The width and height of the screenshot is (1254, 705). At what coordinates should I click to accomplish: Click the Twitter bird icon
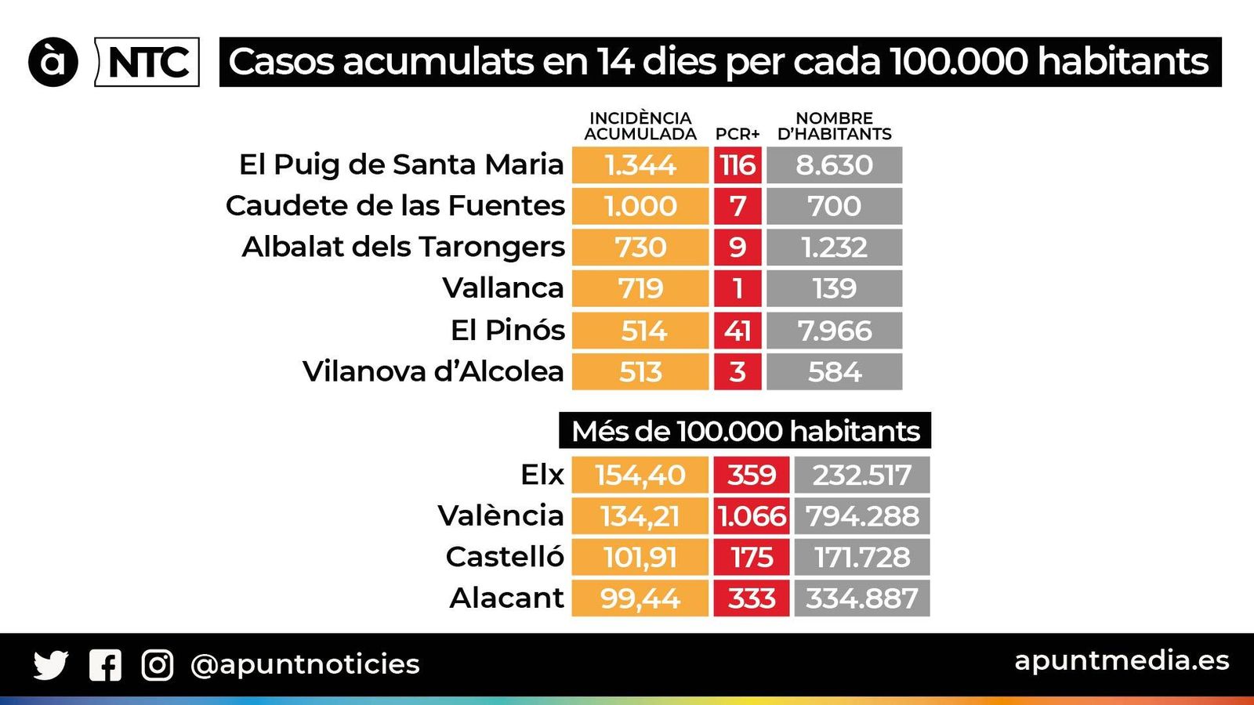pyautogui.click(x=50, y=665)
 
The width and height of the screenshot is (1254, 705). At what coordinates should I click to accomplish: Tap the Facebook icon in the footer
pyautogui.click(x=105, y=665)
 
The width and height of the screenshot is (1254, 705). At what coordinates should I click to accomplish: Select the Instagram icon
pyautogui.click(x=157, y=665)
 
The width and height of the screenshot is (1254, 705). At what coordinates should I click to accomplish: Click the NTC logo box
pyautogui.click(x=147, y=62)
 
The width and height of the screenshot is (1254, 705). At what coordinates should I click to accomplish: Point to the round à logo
pyautogui.click(x=53, y=62)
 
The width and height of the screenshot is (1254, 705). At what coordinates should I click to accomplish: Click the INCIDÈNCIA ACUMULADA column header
pyautogui.click(x=640, y=126)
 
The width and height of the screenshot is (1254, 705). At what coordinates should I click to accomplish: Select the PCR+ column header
pyautogui.click(x=737, y=134)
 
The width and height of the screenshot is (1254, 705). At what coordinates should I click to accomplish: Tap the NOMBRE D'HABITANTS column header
pyautogui.click(x=834, y=126)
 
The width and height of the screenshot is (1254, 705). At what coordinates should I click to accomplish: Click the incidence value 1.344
pyautogui.click(x=640, y=165)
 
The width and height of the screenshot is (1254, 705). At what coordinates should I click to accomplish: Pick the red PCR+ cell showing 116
pyautogui.click(x=737, y=165)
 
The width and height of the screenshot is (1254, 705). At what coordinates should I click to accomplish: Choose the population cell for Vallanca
pyautogui.click(x=834, y=288)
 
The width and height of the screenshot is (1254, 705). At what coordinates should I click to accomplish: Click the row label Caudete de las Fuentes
pyautogui.click(x=395, y=206)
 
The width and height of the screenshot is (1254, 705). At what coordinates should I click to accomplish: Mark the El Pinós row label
pyautogui.click(x=507, y=330)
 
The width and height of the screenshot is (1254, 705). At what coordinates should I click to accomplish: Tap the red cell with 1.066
pyautogui.click(x=751, y=516)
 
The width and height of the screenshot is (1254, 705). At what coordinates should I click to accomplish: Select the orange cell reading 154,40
pyautogui.click(x=640, y=475)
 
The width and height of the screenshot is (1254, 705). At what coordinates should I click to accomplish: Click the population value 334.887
pyautogui.click(x=861, y=598)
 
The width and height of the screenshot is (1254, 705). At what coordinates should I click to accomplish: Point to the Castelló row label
pyautogui.click(x=504, y=557)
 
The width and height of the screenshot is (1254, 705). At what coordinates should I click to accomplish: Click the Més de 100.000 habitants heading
pyautogui.click(x=745, y=431)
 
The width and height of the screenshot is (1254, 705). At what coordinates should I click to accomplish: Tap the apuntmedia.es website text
pyautogui.click(x=1122, y=660)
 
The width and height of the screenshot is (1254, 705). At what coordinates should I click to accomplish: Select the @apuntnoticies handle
pyautogui.click(x=305, y=664)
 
